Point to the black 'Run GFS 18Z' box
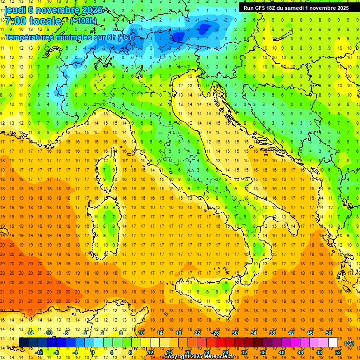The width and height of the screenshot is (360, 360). coord(295,7)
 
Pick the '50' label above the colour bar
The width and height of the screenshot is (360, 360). coord(329,333)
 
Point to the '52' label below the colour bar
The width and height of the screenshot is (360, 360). coord(337,352)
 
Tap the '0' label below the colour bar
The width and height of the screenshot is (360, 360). coord(92,352)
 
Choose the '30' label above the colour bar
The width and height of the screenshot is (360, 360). coord(235,333)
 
